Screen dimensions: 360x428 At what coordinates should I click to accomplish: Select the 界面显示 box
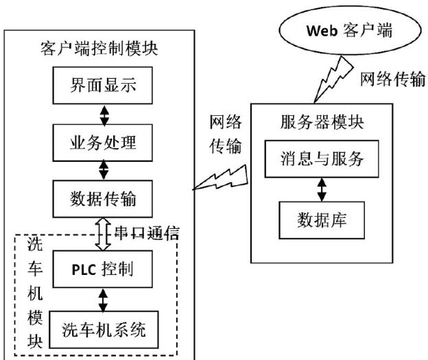point(104,87)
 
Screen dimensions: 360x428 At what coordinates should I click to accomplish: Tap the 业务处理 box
point(104,143)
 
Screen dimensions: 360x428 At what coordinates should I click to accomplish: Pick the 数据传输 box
point(104,199)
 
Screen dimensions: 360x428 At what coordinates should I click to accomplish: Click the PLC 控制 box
point(104,268)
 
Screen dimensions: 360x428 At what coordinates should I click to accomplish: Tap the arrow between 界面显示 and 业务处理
point(104,115)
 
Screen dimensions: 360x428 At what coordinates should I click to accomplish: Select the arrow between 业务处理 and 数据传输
point(104,171)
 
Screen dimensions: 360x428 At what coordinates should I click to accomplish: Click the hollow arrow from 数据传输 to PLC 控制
point(104,233)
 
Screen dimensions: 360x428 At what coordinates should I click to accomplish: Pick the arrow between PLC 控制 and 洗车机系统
point(104,299)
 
